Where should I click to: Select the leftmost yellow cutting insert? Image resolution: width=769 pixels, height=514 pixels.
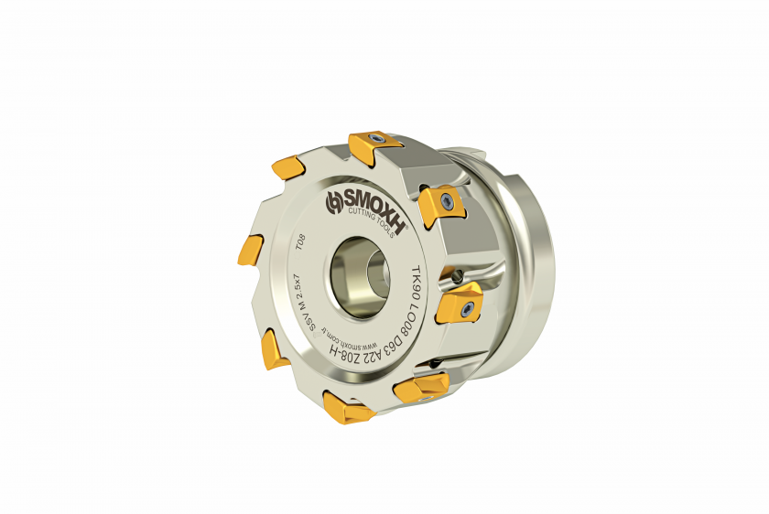coord(248,249)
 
